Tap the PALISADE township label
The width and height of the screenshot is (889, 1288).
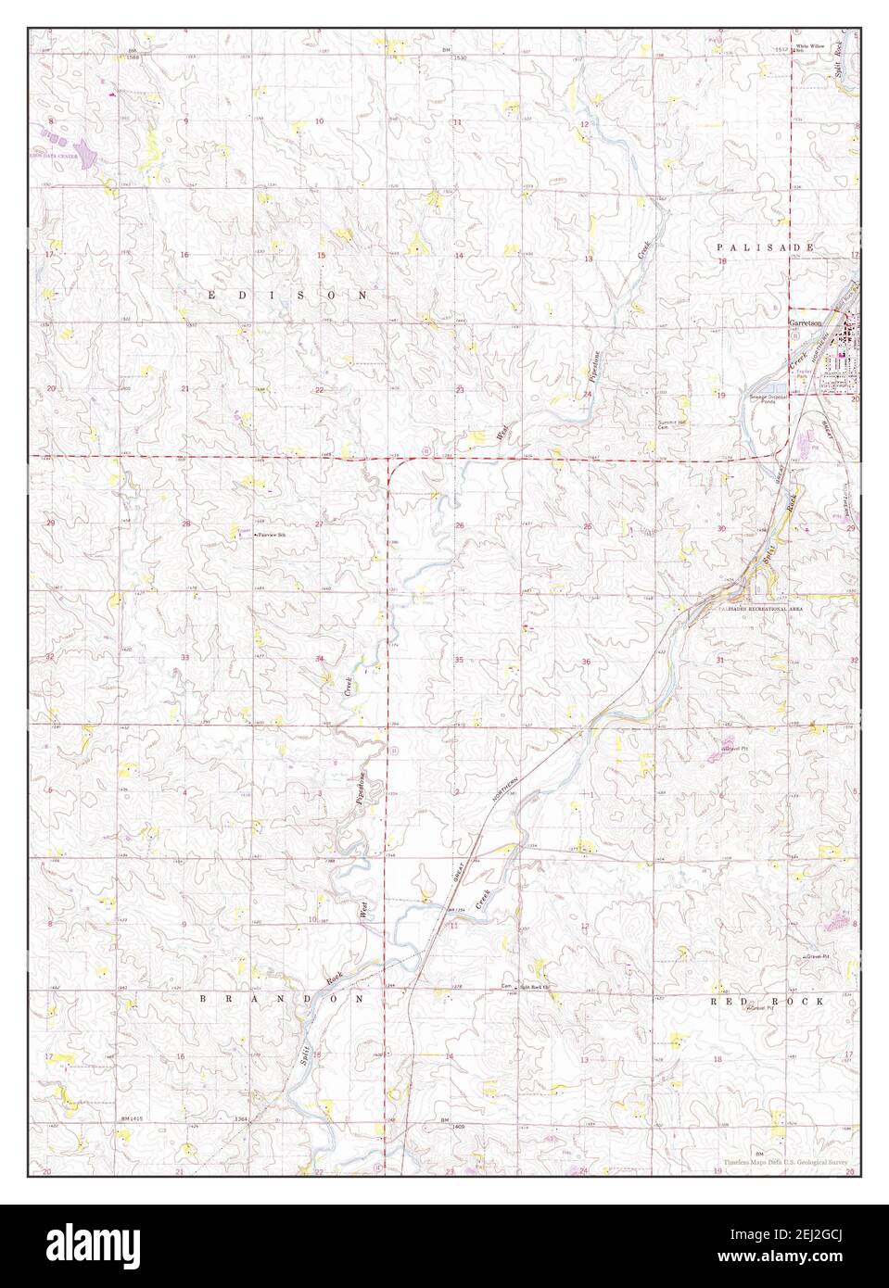pyautogui.click(x=765, y=248)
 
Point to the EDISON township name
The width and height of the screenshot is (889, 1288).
pyautogui.click(x=286, y=294)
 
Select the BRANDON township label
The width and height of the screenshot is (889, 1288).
pyautogui.click(x=286, y=1002)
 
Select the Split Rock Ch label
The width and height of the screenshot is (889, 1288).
pyautogui.click(x=534, y=987)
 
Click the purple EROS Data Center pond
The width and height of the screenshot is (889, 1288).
pyautogui.click(x=83, y=148)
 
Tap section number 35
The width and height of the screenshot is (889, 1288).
pyautogui.click(x=459, y=660)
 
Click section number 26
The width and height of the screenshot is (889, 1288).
pyautogui.click(x=459, y=525)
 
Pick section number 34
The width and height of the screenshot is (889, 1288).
pyautogui.click(x=320, y=659)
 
